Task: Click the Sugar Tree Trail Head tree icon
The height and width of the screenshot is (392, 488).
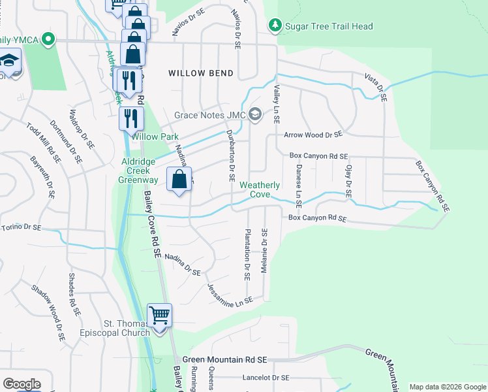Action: click(x=275, y=25)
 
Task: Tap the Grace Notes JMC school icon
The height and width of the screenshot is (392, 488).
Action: click(x=255, y=116)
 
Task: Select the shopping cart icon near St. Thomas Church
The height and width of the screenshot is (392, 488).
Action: click(x=159, y=316)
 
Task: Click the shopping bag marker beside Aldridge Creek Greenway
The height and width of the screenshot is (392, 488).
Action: click(x=179, y=178)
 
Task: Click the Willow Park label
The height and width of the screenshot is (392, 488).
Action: click(x=155, y=137)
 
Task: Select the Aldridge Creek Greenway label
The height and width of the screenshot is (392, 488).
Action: click(x=138, y=171)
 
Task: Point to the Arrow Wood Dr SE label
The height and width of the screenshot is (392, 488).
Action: click(x=313, y=135)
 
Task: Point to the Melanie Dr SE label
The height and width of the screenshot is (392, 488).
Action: click(x=264, y=251)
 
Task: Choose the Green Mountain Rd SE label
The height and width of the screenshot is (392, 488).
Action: click(x=225, y=359)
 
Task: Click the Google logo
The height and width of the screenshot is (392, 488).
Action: click(x=22, y=384)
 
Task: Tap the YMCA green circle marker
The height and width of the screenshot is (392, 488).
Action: click(x=47, y=40)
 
